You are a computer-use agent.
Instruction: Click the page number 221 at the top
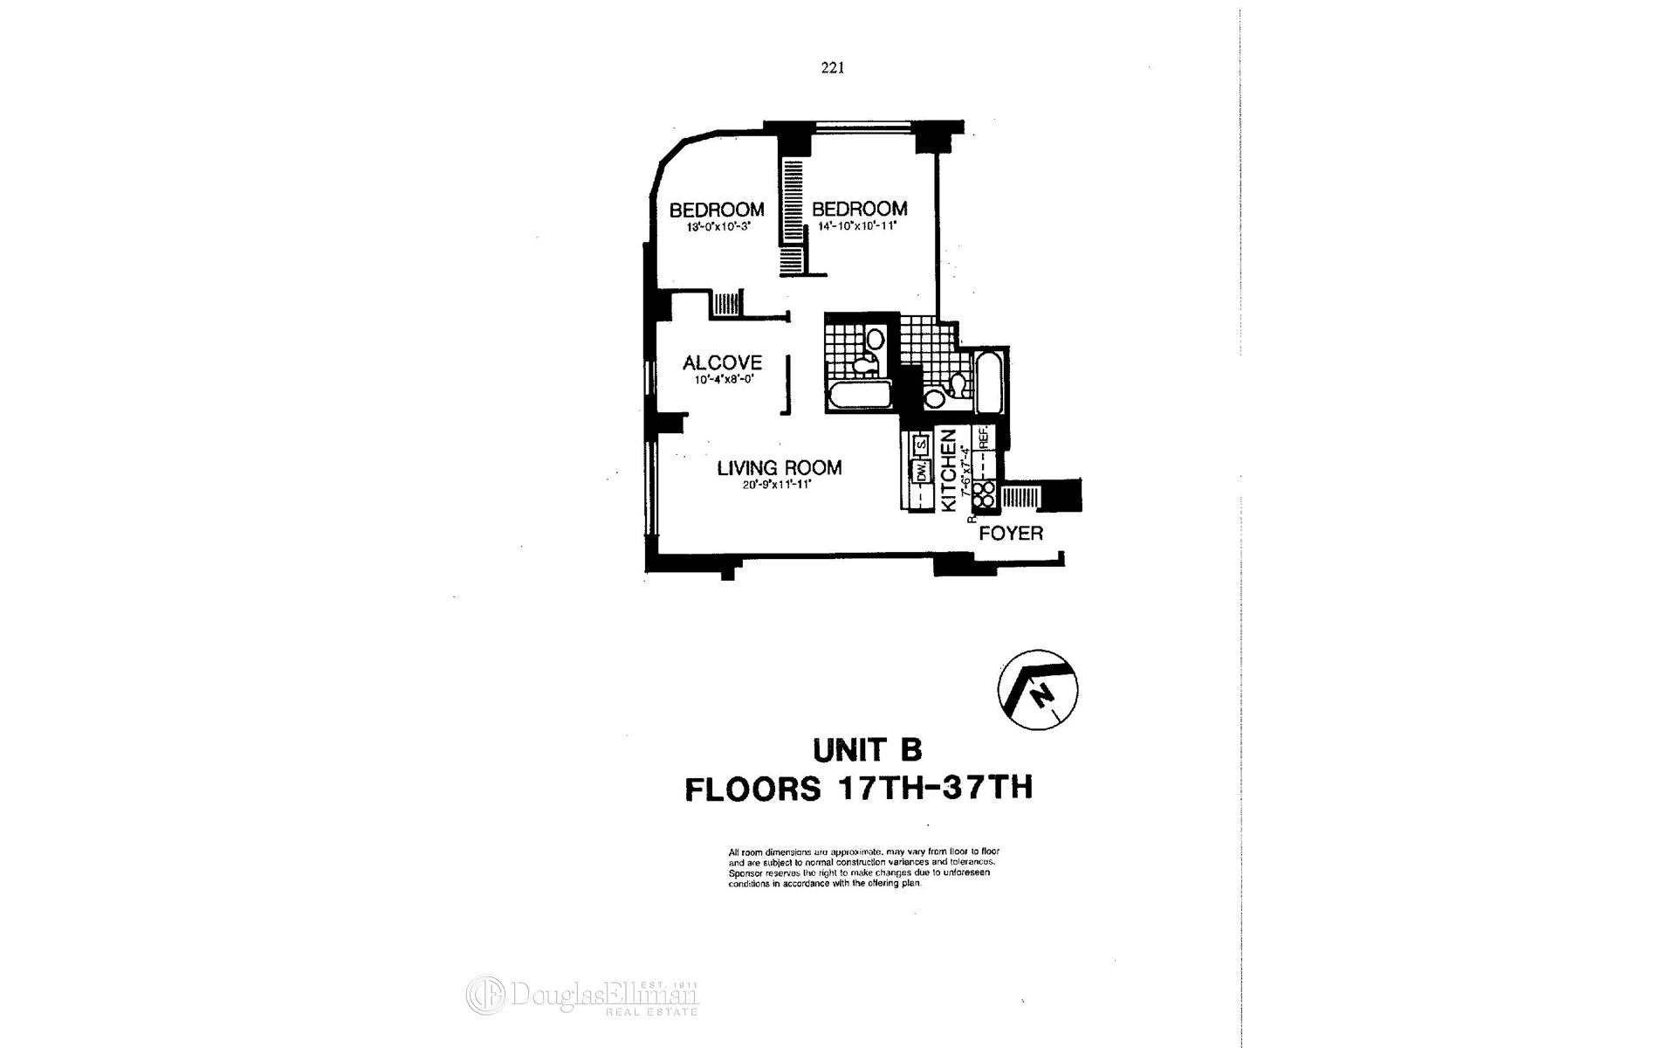pyautogui.click(x=832, y=68)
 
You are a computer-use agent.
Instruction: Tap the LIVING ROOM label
pyautogui.click(x=780, y=468)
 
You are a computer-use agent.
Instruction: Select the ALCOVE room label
pyautogui.click(x=722, y=362)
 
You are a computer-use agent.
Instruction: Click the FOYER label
pyautogui.click(x=1011, y=534)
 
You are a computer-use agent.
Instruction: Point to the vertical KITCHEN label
pyautogui.click(x=949, y=469)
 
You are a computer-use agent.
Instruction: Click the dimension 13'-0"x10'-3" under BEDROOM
pyautogui.click(x=718, y=227)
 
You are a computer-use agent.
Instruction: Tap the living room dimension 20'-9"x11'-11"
pyautogui.click(x=777, y=486)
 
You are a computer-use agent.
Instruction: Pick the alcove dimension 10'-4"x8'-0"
pyautogui.click(x=723, y=380)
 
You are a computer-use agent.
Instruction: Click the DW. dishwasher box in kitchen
pyautogui.click(x=919, y=472)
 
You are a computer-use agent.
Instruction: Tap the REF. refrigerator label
pyautogui.click(x=984, y=437)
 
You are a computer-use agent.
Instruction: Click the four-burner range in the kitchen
pyautogui.click(x=985, y=495)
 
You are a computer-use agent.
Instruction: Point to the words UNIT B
pyautogui.click(x=867, y=750)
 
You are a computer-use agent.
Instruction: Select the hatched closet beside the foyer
pyautogui.click(x=1020, y=498)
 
